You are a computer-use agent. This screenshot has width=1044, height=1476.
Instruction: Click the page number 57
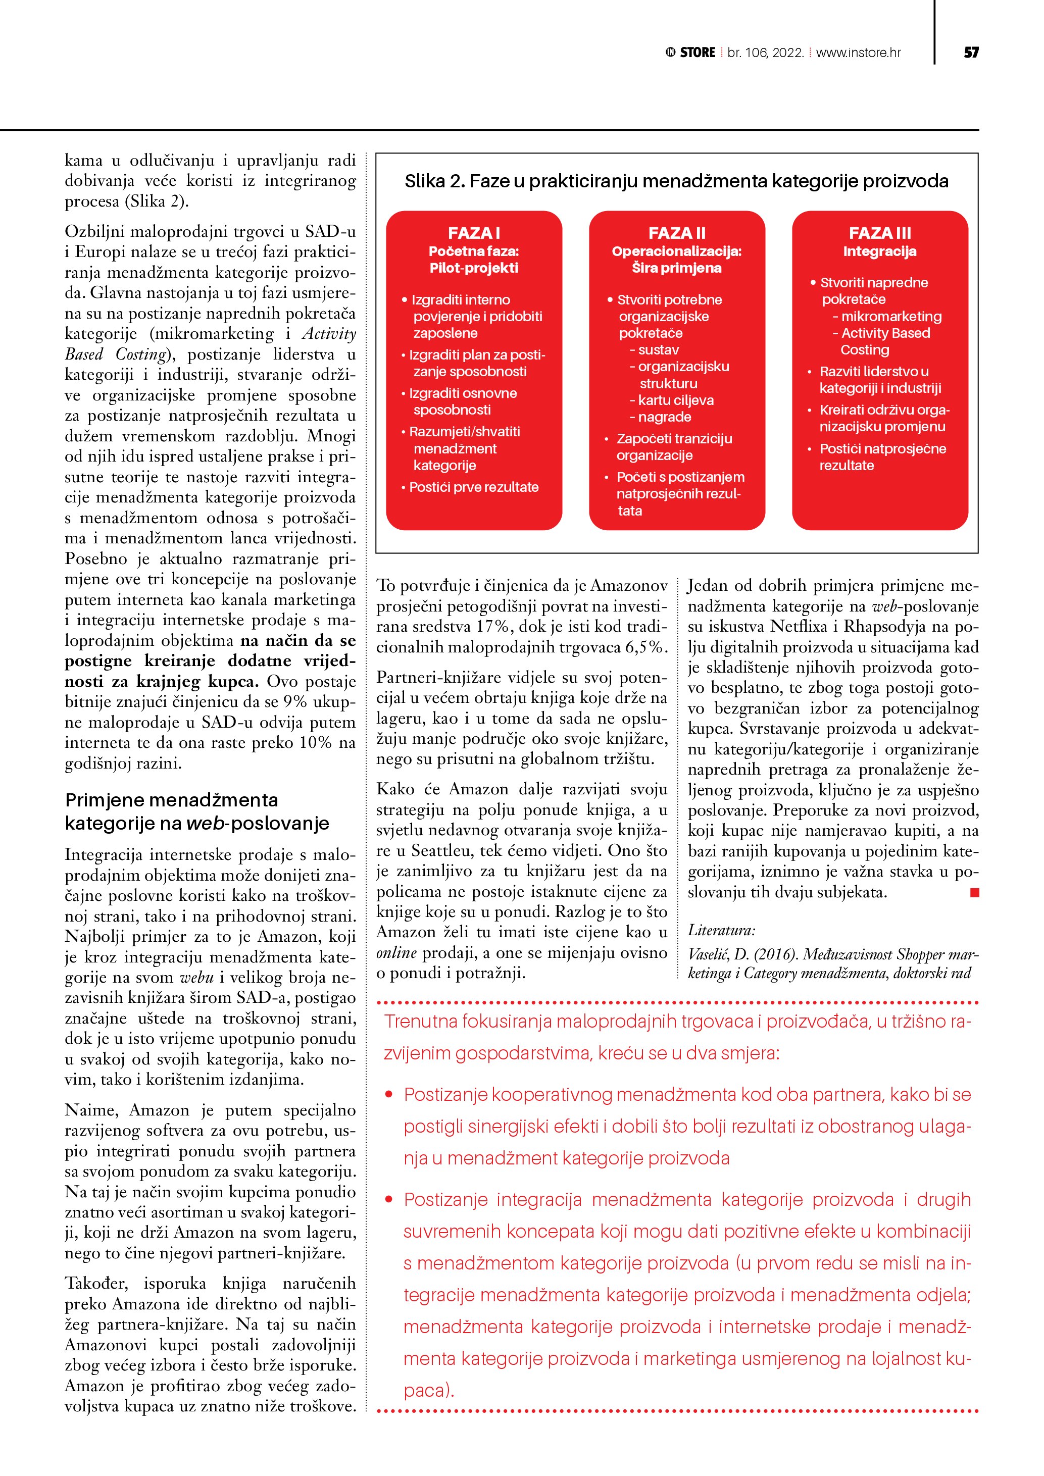[x=971, y=53]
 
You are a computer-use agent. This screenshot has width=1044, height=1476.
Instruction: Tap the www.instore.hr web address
[x=858, y=53]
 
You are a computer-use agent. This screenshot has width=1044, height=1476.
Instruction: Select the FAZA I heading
[x=474, y=233]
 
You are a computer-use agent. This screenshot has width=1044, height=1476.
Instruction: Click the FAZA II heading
[x=676, y=233]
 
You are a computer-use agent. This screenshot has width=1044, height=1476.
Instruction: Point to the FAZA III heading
[x=879, y=233]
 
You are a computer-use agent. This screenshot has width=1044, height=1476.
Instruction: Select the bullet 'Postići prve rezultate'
[x=474, y=487]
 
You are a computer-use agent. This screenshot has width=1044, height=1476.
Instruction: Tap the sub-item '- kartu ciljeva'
[x=672, y=400]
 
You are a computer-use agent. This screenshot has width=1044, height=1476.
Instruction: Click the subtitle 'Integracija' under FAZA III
[x=879, y=251]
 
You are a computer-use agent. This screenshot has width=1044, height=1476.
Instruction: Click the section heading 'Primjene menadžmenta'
[x=172, y=800]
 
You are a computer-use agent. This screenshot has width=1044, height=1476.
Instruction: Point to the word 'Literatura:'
[x=721, y=930]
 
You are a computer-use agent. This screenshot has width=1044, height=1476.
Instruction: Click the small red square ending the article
[x=975, y=892]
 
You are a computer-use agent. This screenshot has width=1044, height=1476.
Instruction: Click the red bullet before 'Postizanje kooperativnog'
[x=388, y=1095]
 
